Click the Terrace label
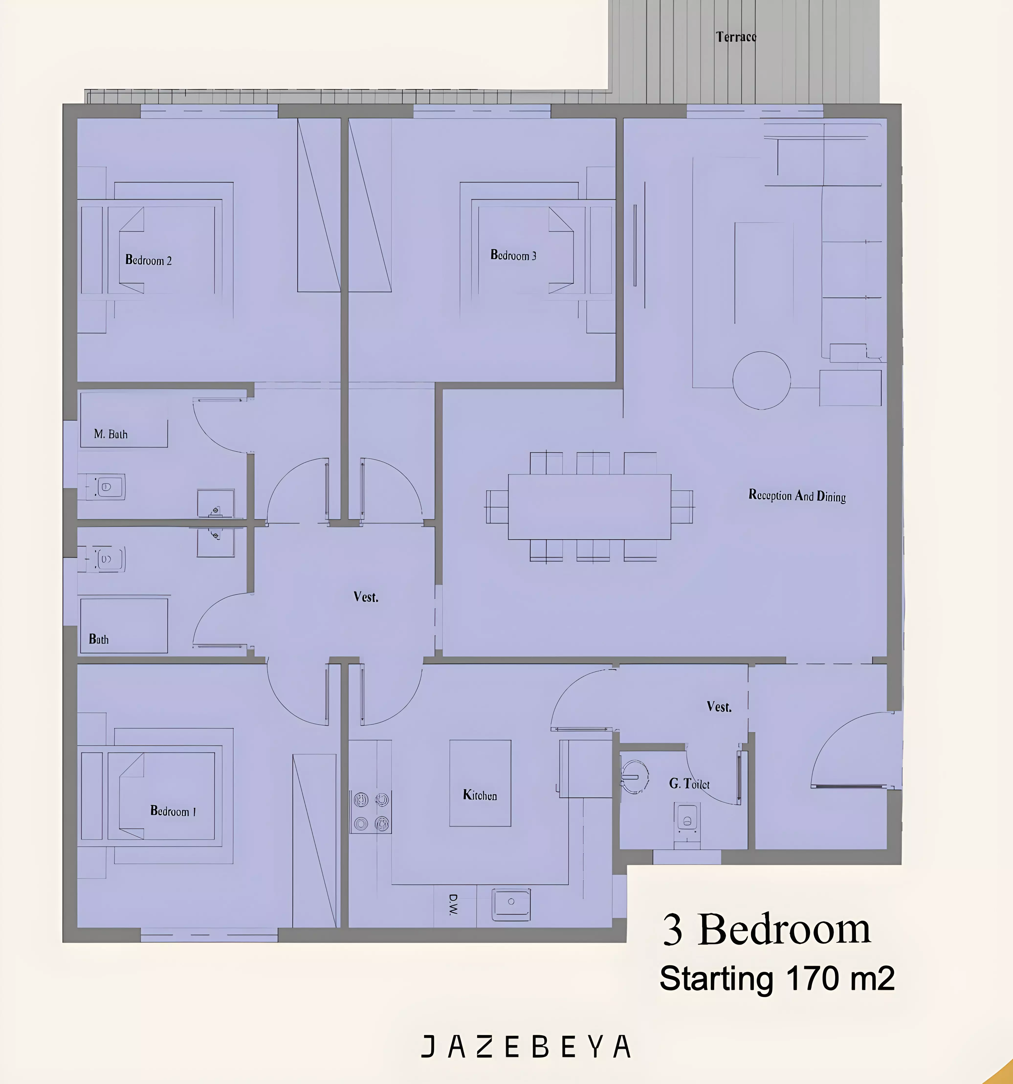[x=736, y=36]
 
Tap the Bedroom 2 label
[x=148, y=260]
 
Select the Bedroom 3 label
[x=513, y=255]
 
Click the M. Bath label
[x=111, y=434]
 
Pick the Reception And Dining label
[x=797, y=496]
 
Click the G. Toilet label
[x=689, y=784]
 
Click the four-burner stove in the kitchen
[x=371, y=812]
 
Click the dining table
[x=590, y=507]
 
